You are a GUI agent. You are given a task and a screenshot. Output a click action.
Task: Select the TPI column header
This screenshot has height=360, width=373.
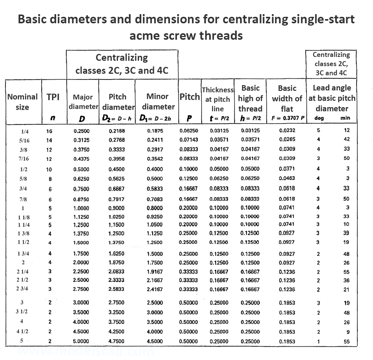[53, 97]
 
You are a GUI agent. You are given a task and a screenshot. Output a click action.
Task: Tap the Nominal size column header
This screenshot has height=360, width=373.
[22, 102]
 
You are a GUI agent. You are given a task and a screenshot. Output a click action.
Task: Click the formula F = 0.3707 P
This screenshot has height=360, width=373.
[287, 118]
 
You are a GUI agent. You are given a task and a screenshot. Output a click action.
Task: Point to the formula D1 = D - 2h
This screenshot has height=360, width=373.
[155, 118]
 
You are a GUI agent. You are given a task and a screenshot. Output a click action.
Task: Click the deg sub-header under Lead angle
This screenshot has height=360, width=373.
[319, 118]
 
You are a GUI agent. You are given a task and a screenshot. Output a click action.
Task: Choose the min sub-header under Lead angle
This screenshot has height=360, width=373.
[345, 118]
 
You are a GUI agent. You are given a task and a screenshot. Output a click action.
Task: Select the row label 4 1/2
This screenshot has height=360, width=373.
[22, 332]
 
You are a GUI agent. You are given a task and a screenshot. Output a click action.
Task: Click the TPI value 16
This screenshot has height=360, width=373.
[49, 131]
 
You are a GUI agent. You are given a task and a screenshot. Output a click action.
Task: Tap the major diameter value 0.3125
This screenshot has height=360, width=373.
[81, 140]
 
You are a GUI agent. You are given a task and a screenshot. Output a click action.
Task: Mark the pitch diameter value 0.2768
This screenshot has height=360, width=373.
[116, 140]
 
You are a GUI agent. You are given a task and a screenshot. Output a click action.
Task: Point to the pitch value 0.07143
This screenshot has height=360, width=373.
[189, 140]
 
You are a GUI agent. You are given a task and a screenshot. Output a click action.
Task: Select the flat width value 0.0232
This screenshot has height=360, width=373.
[287, 130]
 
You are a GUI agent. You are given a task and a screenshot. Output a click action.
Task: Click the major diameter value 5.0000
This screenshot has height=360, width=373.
[81, 341]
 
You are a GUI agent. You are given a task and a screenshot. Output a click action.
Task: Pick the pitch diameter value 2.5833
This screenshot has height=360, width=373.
[116, 289]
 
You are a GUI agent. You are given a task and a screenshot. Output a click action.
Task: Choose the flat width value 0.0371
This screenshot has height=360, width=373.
[287, 169]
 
